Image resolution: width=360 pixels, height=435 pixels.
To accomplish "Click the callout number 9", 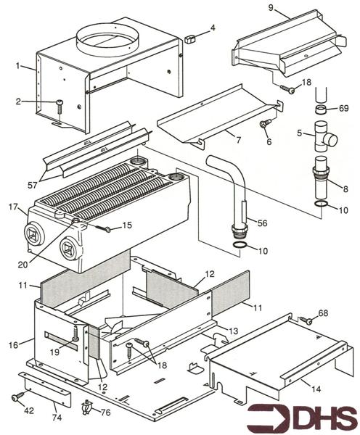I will pos(271,9).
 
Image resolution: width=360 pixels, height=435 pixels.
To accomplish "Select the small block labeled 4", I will pos(191,38).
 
